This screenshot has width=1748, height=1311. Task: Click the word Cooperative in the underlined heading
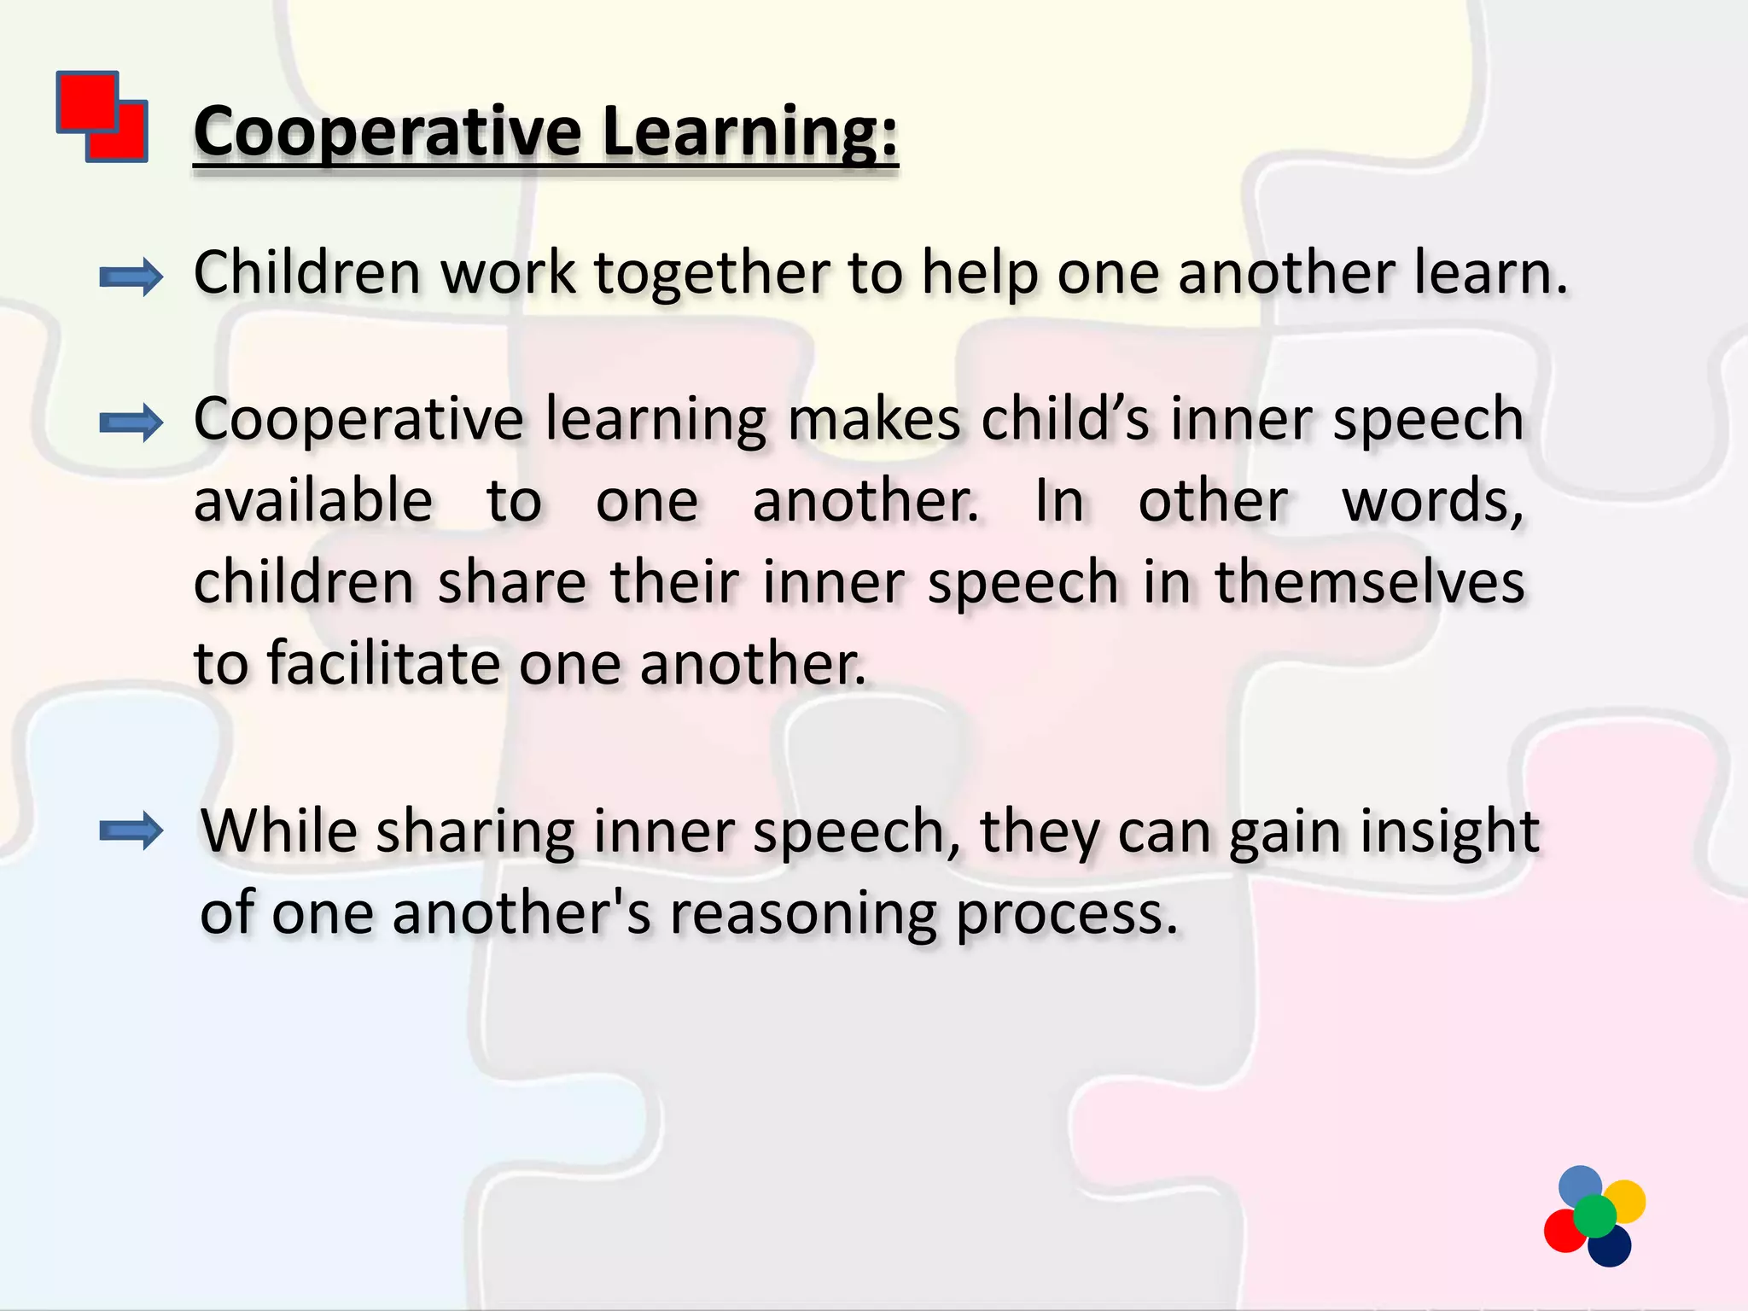[x=387, y=132]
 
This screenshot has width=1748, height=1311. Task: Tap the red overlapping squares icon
[x=102, y=117]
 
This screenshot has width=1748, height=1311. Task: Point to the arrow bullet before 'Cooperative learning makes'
[x=131, y=422]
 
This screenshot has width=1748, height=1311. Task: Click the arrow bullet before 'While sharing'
[x=131, y=830]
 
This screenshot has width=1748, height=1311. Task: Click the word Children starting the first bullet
[x=307, y=273]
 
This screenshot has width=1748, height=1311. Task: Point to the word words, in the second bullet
[x=1432, y=502]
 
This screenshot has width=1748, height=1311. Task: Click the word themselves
[x=1369, y=582]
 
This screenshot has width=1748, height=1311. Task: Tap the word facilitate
[x=383, y=663]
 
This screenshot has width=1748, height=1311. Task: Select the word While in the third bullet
[x=279, y=830]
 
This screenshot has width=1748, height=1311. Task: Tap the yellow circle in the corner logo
[x=1624, y=1200]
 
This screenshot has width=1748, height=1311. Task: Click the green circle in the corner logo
[x=1594, y=1216]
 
